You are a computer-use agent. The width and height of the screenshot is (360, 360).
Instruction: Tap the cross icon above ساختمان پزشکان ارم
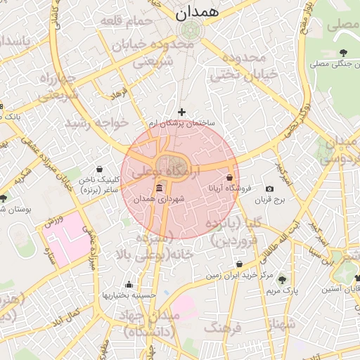pyautogui.click(x=182, y=112)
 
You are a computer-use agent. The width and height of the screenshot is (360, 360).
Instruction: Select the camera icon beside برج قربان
pyautogui.click(x=269, y=189)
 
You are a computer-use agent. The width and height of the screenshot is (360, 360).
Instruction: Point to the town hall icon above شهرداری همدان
pyautogui.click(x=159, y=188)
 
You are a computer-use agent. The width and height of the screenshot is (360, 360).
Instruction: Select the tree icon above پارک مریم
pyautogui.click(x=283, y=279)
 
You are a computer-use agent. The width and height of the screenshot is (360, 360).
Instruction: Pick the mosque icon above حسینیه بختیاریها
pyautogui.click(x=129, y=285)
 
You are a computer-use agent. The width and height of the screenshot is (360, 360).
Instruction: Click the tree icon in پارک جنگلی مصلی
pyautogui.click(x=343, y=53)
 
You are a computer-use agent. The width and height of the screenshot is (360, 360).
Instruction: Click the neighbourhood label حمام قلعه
pyautogui.click(x=127, y=21)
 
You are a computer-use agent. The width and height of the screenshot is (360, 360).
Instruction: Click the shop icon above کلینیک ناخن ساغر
pyautogui.click(x=98, y=169)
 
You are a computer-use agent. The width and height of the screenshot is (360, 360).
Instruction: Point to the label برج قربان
pyautogui.click(x=287, y=200)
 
